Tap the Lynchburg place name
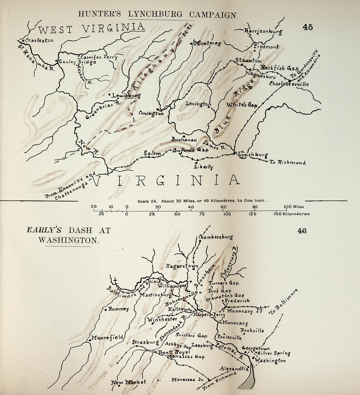pos(253,155)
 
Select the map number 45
pos(308,27)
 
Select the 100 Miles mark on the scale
pos(294,207)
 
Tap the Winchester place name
pos(162,320)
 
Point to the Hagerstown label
pos(182,266)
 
